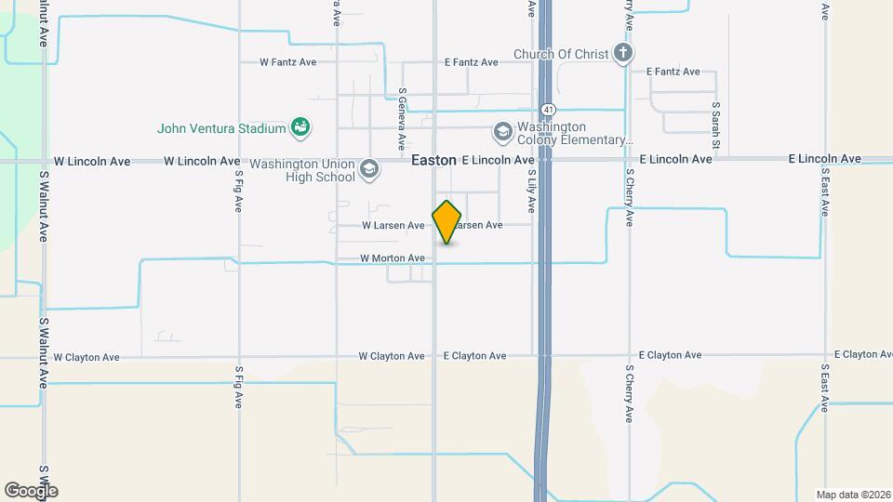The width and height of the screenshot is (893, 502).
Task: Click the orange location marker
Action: pos(447,222)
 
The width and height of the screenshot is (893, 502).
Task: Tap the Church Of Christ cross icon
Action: pos(623,54)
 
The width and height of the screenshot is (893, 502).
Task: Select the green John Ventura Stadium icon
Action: pos(300,126)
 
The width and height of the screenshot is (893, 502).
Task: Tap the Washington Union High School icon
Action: pos(369,169)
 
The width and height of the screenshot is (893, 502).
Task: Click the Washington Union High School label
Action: pos(302,170)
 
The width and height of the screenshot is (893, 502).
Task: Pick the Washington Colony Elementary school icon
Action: pos(503,132)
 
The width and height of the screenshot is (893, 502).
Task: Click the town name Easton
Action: pos(433,160)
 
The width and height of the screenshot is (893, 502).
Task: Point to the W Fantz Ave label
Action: pos(288,62)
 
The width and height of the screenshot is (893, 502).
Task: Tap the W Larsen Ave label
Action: pos(393,225)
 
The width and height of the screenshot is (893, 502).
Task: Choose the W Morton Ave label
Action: pos(393,258)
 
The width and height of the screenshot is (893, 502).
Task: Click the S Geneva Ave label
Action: pos(401,119)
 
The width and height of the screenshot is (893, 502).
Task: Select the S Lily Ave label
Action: pos(532,190)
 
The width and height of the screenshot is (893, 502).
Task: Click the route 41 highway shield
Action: pos(551,109)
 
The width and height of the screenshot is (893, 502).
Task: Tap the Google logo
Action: pos(31,490)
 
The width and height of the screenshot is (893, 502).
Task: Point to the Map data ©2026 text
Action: pos(852,495)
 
